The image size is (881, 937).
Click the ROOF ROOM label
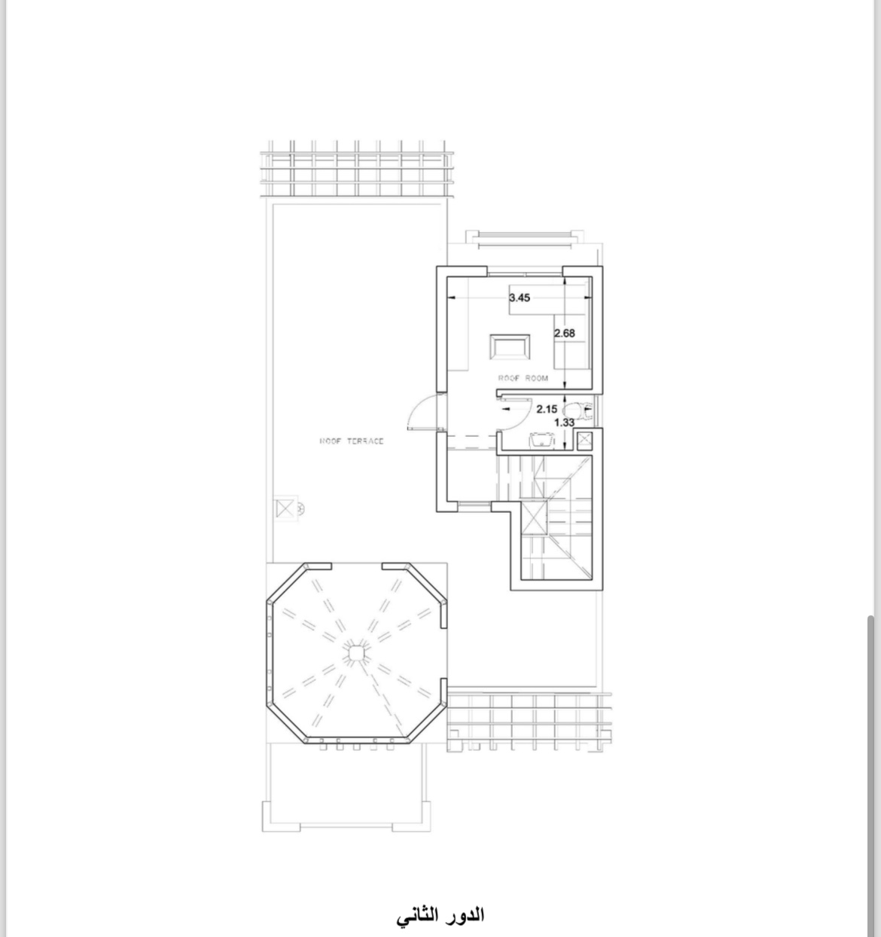coord(523,378)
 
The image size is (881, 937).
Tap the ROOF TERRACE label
coord(352,441)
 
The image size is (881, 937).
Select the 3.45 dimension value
coord(520,298)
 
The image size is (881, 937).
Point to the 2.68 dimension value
coord(565,333)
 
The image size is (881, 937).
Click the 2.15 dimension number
coord(547,409)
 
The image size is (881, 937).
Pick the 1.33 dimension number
coord(565,423)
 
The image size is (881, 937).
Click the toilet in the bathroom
coord(579,411)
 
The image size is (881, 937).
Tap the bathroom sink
coord(541,440)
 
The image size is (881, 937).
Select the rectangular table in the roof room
coord(510,346)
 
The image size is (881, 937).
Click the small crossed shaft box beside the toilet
coord(584,440)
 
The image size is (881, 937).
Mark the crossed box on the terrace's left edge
coord(285,509)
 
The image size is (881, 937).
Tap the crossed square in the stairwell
coord(534,517)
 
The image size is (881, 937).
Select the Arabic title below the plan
coord(440,915)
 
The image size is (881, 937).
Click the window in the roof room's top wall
coord(525,273)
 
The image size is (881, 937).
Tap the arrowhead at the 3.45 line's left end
coord(450,298)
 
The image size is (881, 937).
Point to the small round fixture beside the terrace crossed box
coord(300,509)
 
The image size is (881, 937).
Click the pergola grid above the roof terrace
coord(357,169)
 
